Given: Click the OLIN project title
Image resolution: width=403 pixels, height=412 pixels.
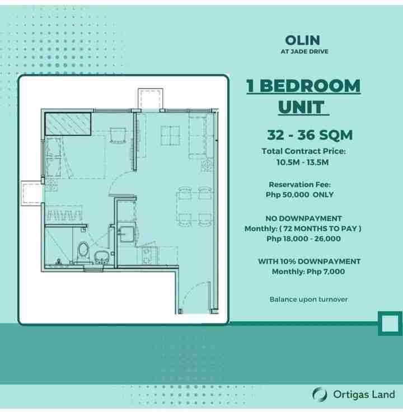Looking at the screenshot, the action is (303, 40).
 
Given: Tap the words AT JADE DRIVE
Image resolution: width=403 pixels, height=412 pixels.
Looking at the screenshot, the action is (304, 52).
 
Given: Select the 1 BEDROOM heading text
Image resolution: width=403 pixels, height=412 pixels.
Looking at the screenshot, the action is (303, 86).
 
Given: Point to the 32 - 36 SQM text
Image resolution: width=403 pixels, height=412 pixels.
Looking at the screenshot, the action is (310, 135).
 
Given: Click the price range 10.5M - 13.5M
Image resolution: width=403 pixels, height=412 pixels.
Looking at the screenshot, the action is (303, 162).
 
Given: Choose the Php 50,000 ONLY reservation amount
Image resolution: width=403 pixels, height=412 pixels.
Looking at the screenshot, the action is (300, 195).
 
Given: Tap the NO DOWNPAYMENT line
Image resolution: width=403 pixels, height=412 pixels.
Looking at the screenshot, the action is (303, 219).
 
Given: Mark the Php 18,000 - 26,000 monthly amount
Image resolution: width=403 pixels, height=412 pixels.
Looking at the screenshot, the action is (303, 239).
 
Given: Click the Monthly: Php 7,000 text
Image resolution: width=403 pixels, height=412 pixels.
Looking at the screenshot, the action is (308, 271).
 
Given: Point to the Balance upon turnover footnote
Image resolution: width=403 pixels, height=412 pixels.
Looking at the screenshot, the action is (308, 299).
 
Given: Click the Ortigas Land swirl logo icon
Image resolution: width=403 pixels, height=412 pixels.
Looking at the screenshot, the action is (320, 395).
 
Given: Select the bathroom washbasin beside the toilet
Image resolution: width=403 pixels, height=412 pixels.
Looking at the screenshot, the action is (101, 257).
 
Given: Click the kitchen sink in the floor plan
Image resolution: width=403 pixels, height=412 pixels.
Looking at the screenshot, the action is (126, 234).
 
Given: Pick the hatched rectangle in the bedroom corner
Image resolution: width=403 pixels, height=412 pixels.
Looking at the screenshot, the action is (68, 124).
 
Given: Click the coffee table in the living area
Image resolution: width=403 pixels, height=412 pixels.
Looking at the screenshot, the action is (170, 135).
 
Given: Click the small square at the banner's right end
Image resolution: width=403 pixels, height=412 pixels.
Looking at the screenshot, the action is (390, 324).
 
